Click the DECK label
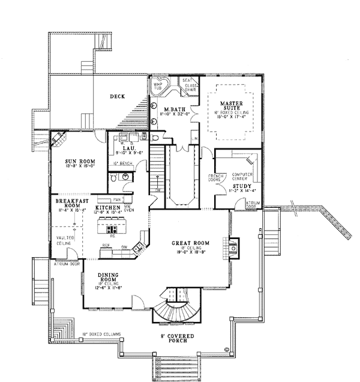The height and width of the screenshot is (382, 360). coord(116,96)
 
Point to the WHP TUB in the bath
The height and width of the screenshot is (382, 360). coord(159,86)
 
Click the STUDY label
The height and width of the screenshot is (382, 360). coord(241,186)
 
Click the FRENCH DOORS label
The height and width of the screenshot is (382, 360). coord(215,178)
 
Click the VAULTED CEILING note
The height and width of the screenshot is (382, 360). coord(66,240)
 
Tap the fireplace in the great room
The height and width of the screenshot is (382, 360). coord(233,246)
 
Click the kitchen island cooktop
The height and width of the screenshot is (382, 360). coord(112,229)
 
